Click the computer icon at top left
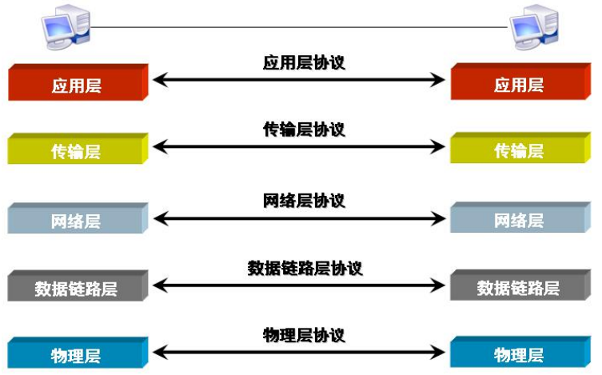(66, 24)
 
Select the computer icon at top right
(533, 24)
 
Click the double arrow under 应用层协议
(299, 79)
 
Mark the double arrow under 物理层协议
(299, 351)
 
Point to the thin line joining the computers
(299, 27)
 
